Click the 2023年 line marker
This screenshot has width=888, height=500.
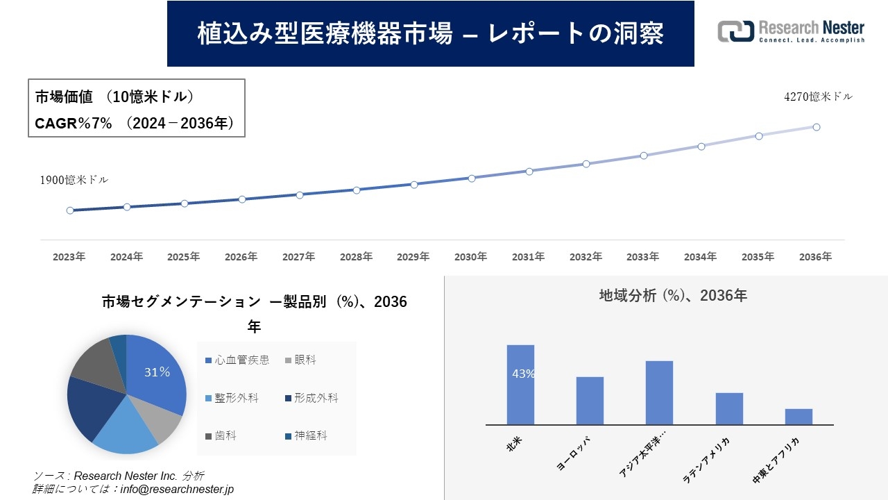tap(70, 210)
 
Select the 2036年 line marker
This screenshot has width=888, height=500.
tap(817, 127)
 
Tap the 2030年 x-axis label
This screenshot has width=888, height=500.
tap(470, 257)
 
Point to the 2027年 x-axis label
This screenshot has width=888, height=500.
tap(298, 257)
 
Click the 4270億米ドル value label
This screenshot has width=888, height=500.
tap(818, 97)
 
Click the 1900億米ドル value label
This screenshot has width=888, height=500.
tap(74, 180)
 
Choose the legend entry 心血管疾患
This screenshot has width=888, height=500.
tap(237, 360)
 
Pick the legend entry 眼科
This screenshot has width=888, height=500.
tap(299, 360)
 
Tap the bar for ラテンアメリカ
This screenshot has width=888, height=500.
tap(729, 408)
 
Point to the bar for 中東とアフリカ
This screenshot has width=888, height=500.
tap(799, 417)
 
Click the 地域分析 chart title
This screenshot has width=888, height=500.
tap(673, 296)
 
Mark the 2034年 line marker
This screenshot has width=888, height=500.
tap(701, 147)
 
